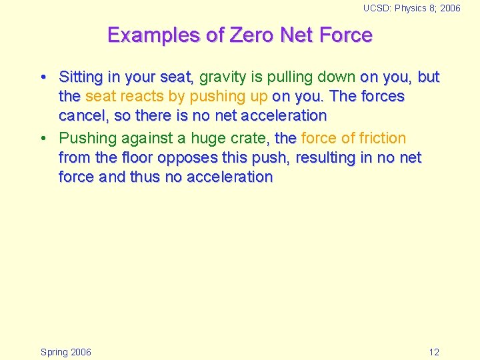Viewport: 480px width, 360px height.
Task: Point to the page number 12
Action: tap(434, 352)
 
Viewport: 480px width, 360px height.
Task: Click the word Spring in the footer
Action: tap(54, 352)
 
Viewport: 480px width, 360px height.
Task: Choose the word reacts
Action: tap(143, 97)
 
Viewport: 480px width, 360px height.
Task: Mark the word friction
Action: tap(383, 139)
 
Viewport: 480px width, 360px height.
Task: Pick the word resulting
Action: tap(326, 159)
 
